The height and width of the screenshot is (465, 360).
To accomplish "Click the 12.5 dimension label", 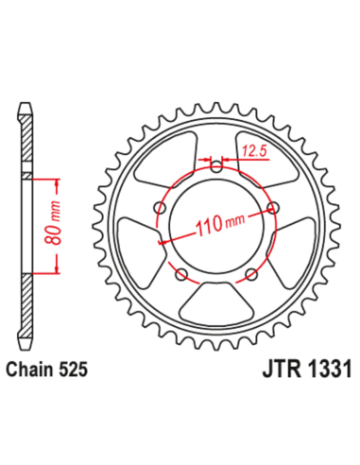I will point(251,149).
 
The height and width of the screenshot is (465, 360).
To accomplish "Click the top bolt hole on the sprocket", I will point(216,166).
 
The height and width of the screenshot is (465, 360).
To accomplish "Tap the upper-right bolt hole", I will point(274,208).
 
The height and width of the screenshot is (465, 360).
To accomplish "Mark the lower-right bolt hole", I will point(251,274).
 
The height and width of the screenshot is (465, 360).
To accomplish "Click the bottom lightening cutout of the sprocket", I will point(217,303).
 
